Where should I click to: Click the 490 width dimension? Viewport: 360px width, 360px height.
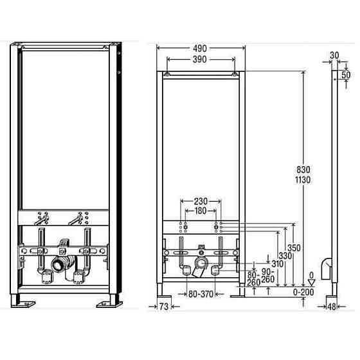[200, 48]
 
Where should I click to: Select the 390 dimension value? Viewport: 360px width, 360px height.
[200, 59]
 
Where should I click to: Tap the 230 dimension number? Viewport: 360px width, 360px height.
[201, 201]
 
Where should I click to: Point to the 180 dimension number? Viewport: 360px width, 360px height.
[201, 211]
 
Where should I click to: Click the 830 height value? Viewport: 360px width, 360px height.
[303, 170]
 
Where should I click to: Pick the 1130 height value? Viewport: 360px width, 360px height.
[303, 180]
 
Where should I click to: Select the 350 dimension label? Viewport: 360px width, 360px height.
[294, 248]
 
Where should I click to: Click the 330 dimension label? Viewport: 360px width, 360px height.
[285, 256]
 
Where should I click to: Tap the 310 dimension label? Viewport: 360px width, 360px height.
[277, 264]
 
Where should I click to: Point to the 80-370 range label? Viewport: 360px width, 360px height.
[201, 294]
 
